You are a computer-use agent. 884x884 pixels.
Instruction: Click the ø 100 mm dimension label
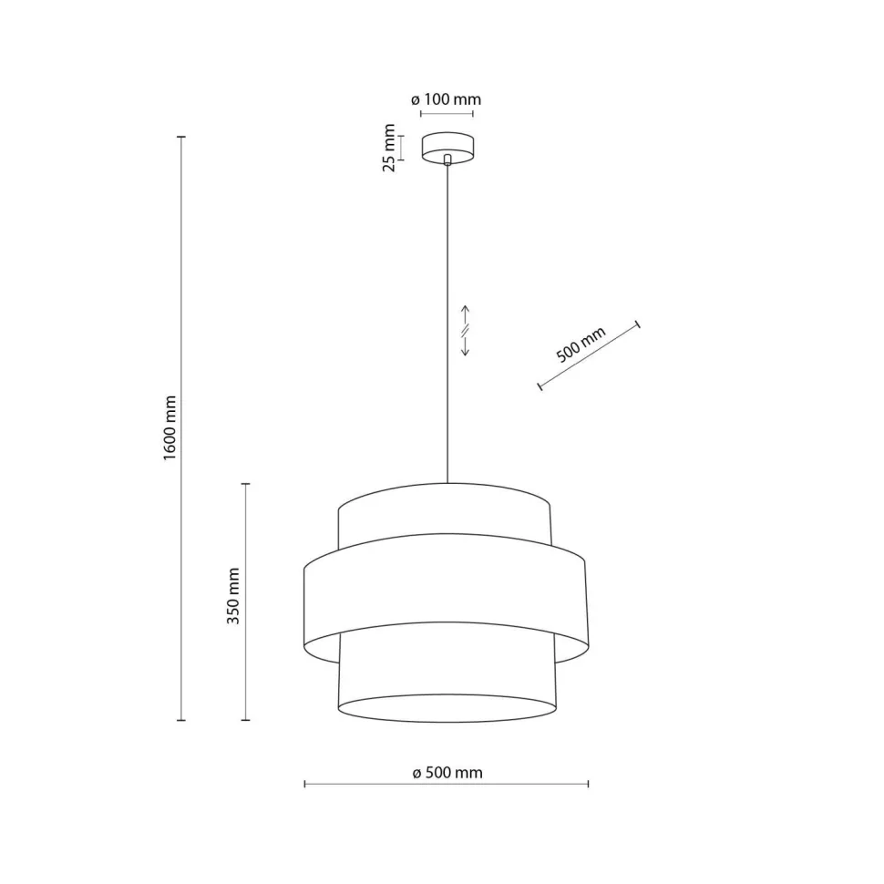tap(447, 99)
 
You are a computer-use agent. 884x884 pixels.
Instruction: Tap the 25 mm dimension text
tap(389, 147)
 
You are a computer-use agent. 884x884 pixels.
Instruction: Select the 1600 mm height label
tap(170, 428)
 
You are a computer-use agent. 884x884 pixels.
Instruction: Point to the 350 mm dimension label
tap(233, 596)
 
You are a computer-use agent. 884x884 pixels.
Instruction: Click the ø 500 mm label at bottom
tap(447, 773)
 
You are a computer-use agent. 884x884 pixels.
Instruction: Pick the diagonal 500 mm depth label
tap(581, 345)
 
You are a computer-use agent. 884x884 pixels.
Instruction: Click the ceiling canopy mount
tap(447, 146)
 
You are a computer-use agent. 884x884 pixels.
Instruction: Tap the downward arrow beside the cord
tap(465, 347)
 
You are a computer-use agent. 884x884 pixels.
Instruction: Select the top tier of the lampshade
tap(445, 515)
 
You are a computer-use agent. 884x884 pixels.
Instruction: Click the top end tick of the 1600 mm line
tap(181, 137)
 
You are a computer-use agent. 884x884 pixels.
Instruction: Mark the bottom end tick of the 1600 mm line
tap(181, 720)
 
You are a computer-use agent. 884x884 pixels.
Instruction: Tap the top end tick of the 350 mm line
tap(245, 484)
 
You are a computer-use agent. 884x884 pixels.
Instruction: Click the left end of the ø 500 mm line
tap(304, 784)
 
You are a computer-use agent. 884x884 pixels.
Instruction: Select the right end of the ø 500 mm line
tap(588, 784)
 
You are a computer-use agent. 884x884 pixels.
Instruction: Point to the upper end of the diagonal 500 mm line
tap(637, 324)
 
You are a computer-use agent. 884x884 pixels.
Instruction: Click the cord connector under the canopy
tap(447, 160)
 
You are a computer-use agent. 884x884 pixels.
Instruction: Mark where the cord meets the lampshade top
tap(447, 482)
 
